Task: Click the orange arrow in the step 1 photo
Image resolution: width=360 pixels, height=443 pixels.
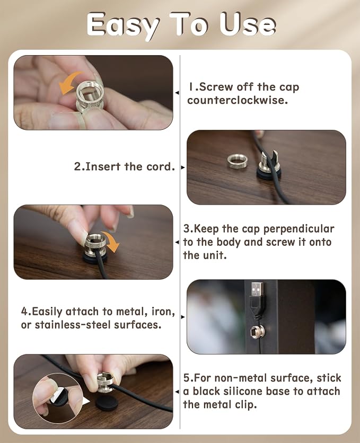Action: point(70,82)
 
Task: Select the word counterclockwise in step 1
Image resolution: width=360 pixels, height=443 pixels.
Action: point(238,100)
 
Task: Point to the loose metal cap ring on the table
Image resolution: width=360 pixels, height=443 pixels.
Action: point(237,162)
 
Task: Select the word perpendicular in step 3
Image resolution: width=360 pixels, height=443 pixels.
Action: point(298,229)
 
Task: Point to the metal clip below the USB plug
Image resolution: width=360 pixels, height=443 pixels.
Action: point(257,332)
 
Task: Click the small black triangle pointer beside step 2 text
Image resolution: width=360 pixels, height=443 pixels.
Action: point(183,167)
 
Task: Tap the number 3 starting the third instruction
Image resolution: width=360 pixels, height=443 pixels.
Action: point(187,228)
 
